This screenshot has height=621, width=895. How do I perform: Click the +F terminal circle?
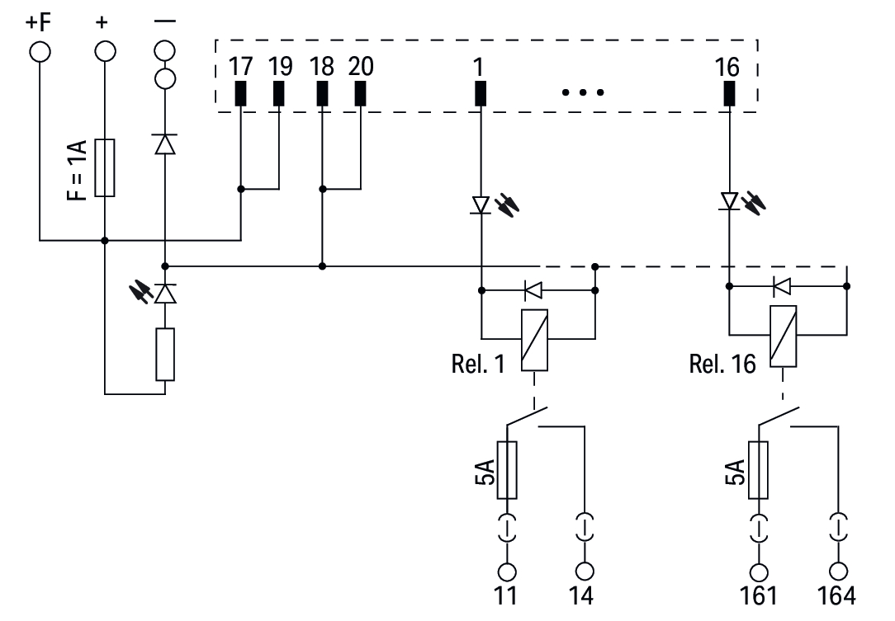39,52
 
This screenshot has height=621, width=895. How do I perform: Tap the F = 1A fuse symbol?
104,168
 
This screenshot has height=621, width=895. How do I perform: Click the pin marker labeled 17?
240,94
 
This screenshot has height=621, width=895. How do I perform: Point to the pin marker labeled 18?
322,94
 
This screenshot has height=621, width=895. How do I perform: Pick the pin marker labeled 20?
360,94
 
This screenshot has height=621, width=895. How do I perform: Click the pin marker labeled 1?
481,94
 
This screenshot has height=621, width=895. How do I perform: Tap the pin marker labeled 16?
729,94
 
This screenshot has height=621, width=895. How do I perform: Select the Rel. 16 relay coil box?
783,336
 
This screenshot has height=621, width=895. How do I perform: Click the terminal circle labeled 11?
507,571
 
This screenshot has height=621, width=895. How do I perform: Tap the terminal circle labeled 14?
585,571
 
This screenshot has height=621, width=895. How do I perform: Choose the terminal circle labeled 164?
839,571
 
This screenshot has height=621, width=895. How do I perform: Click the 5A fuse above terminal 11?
507,470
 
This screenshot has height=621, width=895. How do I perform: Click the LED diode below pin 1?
481,205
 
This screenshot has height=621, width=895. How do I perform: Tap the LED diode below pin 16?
729,201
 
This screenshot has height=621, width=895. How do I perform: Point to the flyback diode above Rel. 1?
534,289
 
